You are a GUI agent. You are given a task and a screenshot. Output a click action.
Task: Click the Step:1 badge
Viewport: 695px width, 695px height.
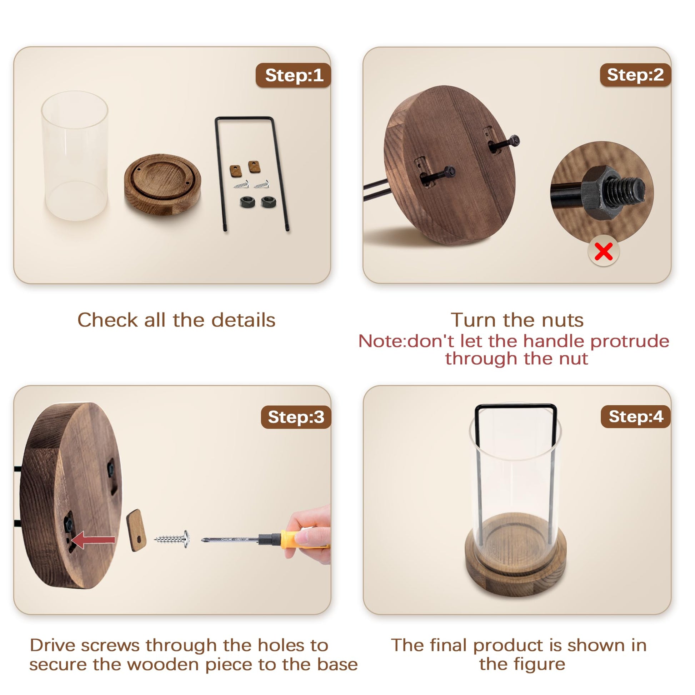[293, 75]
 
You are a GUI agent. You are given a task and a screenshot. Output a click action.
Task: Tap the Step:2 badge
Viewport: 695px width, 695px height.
[635, 75]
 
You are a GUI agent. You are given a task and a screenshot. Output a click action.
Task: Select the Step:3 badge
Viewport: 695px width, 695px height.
[296, 417]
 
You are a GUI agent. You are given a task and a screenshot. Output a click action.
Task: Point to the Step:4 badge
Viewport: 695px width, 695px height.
[636, 416]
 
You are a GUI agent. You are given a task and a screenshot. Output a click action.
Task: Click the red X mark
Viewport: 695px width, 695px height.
[603, 251]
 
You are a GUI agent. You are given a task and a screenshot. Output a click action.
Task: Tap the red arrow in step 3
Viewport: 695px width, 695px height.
[93, 540]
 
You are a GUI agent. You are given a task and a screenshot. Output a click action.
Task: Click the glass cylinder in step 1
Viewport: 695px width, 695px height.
[75, 155]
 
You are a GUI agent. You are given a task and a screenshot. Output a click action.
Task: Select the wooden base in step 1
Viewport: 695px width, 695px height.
[162, 185]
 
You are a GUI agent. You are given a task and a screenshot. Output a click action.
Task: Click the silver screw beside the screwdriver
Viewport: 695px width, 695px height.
[172, 539]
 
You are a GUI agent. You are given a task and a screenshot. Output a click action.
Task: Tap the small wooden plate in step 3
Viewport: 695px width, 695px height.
[136, 530]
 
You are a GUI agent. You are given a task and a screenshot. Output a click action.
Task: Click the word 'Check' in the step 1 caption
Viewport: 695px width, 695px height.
[107, 320]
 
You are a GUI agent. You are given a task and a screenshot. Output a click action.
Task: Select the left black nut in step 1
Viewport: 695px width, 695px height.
[247, 202]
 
